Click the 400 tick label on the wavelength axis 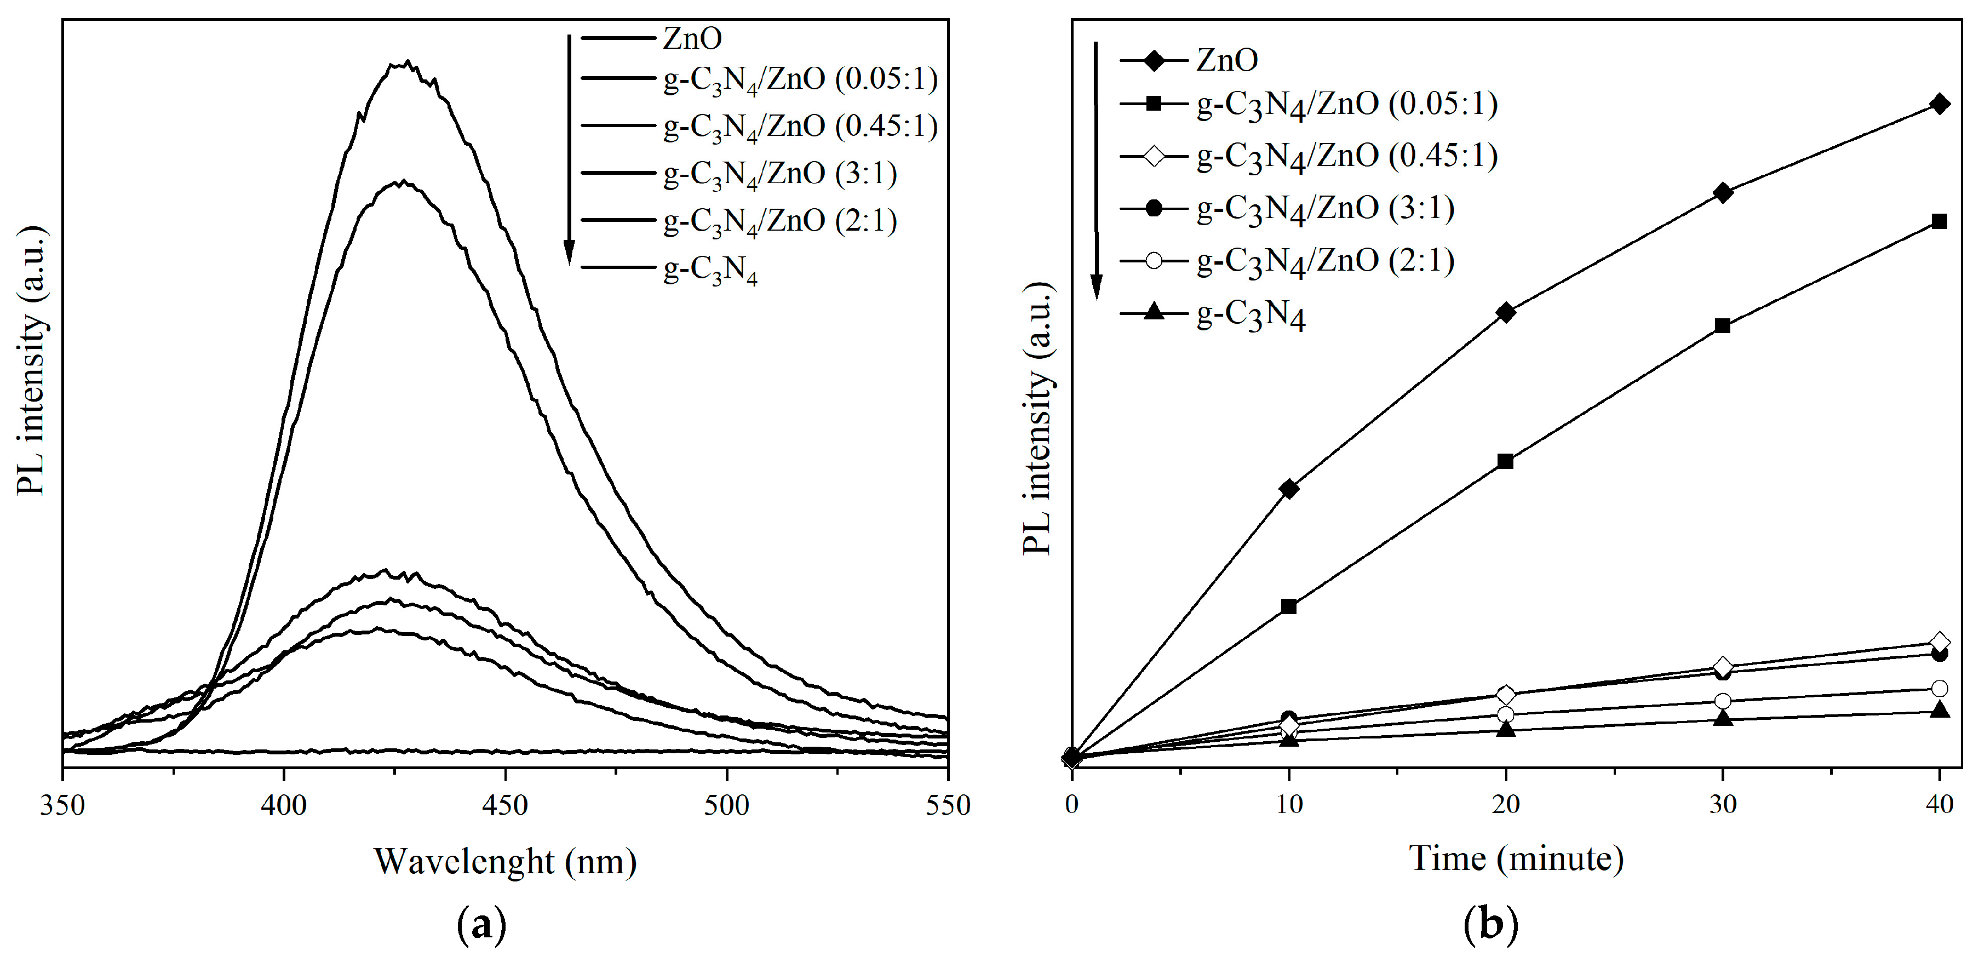coord(284,805)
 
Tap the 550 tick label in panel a coord(947,805)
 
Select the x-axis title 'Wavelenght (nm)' coord(504,861)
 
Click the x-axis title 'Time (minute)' coord(1516,858)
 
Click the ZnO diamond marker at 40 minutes coord(1939,105)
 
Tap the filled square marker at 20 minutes coord(1506,462)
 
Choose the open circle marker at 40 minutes coord(1939,689)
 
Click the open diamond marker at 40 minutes coord(1939,642)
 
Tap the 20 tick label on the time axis coord(1506,804)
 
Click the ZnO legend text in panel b coord(1227,60)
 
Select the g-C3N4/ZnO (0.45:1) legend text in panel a coord(800,127)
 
